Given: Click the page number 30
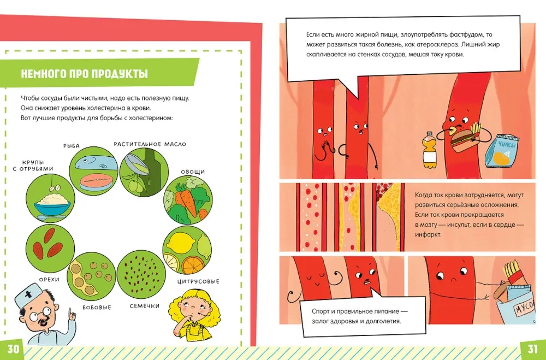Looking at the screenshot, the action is tap(13, 349).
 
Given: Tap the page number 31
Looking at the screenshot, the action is tap(532, 349).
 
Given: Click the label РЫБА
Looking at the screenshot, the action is tap(72, 146).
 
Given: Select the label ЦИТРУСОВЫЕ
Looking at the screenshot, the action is tap(198, 281).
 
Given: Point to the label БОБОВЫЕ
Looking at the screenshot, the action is tap(97, 308).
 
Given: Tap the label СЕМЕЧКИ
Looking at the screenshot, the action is tap(145, 306).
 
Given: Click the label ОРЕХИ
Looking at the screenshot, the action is tap(49, 280).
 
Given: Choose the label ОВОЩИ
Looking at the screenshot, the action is tap(193, 172).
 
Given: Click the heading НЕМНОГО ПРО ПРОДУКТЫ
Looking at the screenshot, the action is tap(85, 74).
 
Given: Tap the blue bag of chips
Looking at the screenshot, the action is tap(502, 150).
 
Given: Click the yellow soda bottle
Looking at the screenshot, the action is tap(429, 150).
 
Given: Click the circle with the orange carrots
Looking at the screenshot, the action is tap(188, 200).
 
